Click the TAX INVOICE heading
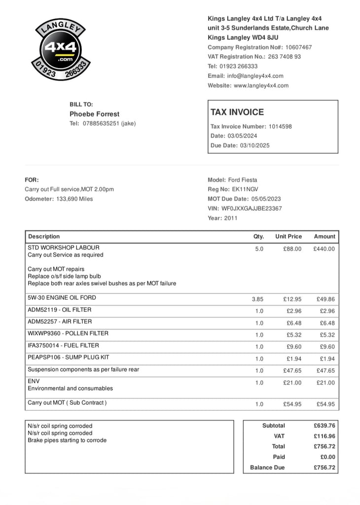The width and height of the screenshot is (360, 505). point(237,112)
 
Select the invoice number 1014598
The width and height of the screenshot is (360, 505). point(280,126)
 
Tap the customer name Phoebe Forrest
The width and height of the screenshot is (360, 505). point(94,114)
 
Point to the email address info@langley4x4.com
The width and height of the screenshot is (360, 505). point(255,76)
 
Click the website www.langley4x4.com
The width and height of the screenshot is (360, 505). point(261,85)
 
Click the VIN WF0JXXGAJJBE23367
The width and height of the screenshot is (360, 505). point(252,208)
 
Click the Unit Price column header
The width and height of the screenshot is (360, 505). point(288,236)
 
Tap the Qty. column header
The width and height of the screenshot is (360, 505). point(258,236)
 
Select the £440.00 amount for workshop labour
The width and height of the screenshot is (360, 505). point(324,249)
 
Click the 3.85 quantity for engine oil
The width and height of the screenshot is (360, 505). point(257,299)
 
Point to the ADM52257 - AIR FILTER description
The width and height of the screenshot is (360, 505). point(59,322)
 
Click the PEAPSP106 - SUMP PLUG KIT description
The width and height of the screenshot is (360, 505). point(68,357)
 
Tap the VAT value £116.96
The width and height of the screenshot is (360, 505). point(324,436)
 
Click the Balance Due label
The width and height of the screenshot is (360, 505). point(267,468)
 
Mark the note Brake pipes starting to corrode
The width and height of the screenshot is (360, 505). point(67,440)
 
